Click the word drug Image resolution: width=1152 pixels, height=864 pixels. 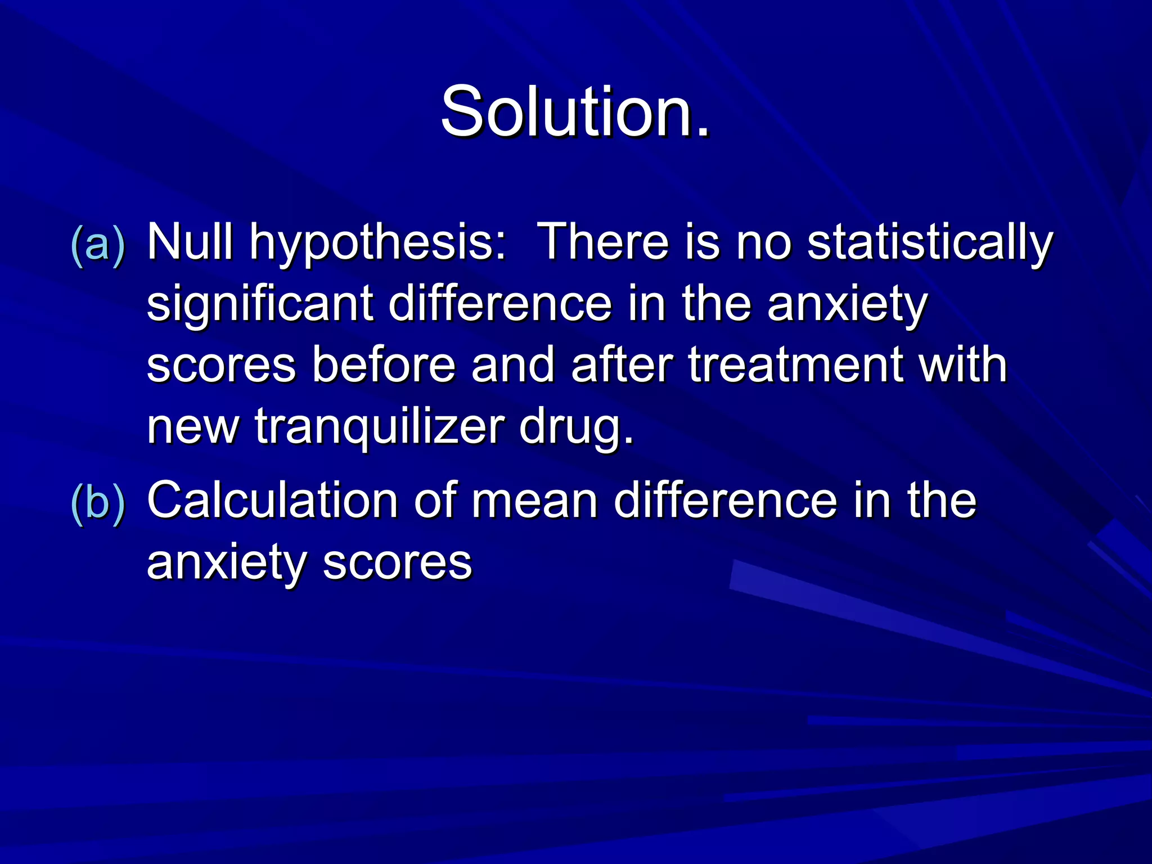coord(576,429)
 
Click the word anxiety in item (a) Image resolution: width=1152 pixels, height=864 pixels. coord(847,306)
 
